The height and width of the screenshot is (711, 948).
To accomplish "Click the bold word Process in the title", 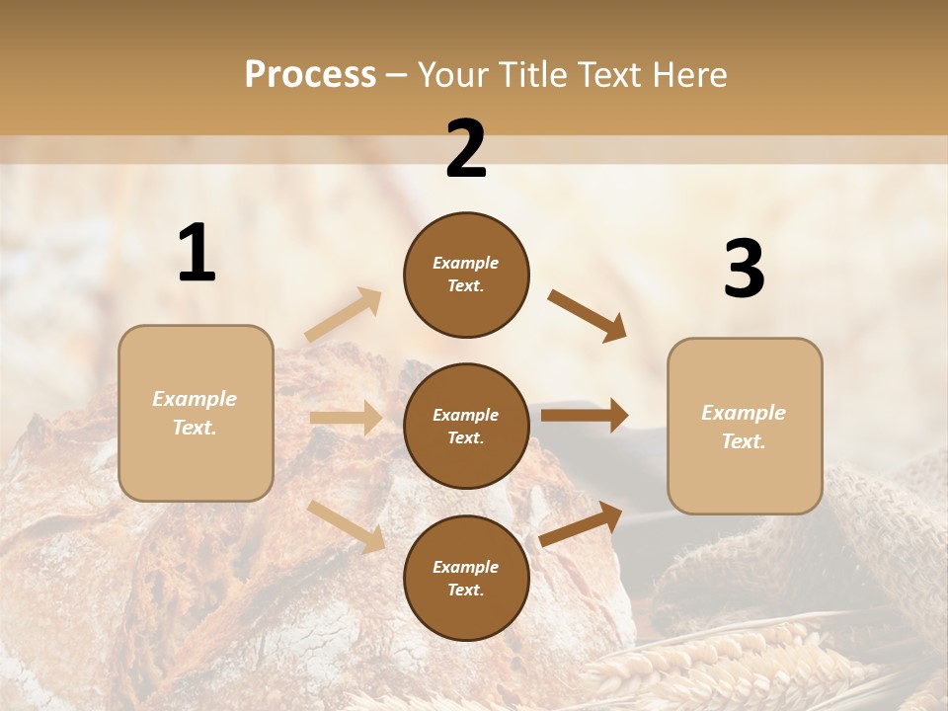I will tap(310, 74).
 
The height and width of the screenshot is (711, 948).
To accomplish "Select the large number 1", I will tap(197, 254).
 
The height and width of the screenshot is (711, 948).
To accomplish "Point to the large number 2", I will tap(466, 149).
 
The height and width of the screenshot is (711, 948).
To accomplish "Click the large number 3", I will tap(744, 269).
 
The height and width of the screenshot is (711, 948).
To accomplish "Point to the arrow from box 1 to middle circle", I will tap(346, 418).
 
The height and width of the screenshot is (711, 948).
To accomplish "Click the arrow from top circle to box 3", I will tap(588, 316).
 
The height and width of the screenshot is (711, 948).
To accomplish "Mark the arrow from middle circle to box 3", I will tap(585, 416).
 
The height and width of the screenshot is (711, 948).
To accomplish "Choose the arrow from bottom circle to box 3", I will tap(582, 523).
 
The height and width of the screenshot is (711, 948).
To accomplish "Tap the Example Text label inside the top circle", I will tap(466, 275).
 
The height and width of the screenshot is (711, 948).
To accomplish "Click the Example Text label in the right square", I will tap(744, 427).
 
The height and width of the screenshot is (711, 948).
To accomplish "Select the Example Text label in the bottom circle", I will tap(466, 579).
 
